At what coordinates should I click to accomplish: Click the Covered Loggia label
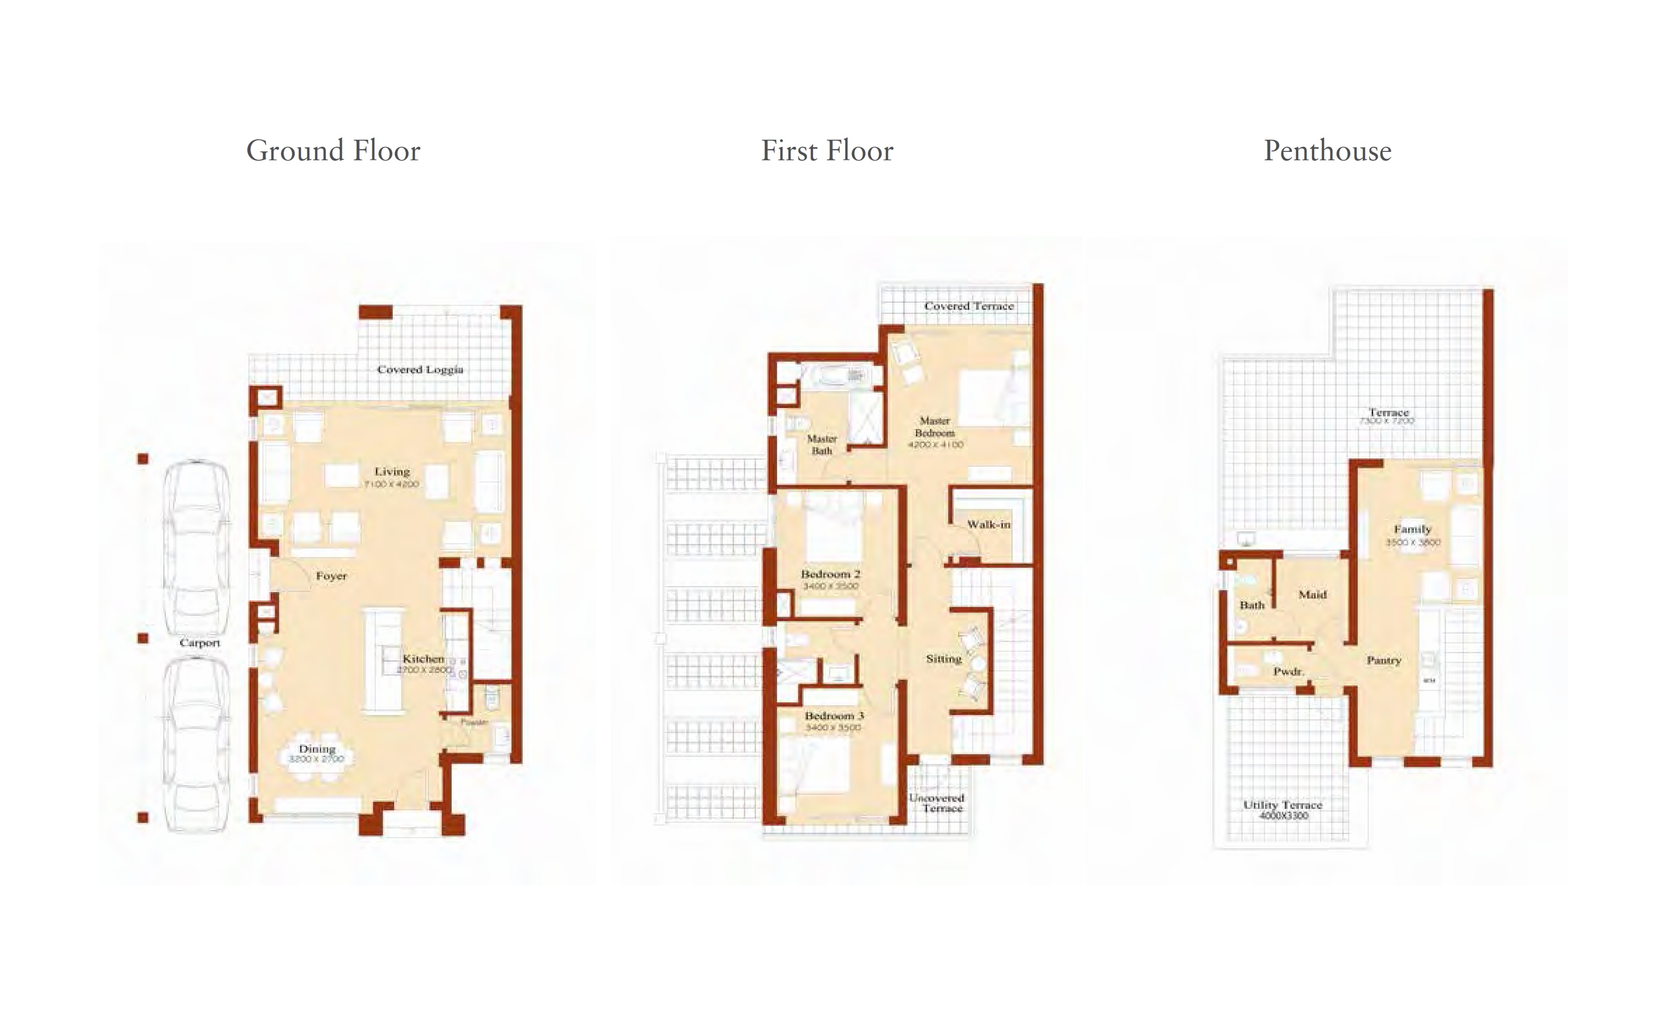tap(420, 369)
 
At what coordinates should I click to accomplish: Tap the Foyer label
tap(331, 576)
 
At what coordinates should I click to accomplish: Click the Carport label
tap(200, 643)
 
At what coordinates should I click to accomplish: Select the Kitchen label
tap(423, 658)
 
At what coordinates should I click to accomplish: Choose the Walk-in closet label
tap(988, 524)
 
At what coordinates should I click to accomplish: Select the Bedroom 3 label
tap(834, 715)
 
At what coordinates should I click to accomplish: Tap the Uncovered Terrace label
tap(936, 803)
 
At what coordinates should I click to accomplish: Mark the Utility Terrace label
tap(1282, 805)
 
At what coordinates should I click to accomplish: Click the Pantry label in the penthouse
tap(1383, 660)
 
